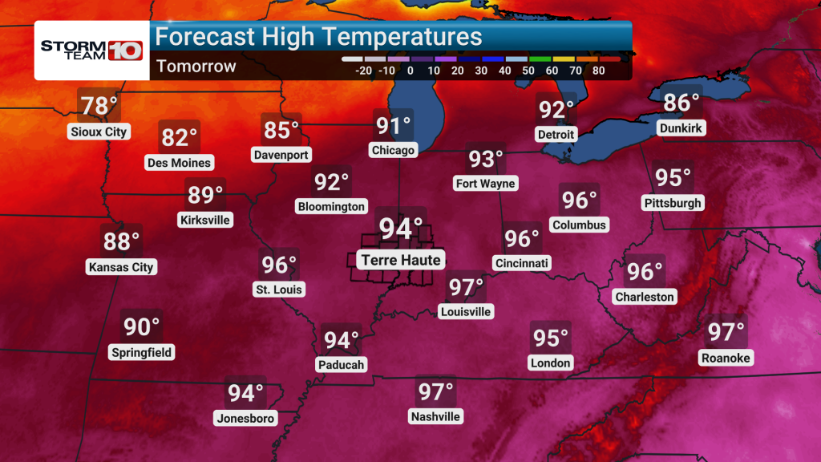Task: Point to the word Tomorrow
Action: pyautogui.click(x=196, y=67)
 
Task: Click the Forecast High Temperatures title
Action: pyautogui.click(x=318, y=37)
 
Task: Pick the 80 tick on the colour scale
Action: pyautogui.click(x=599, y=71)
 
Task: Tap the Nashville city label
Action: pyautogui.click(x=435, y=416)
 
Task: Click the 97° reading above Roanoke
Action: pyautogui.click(x=726, y=331)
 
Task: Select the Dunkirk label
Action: pyautogui.click(x=681, y=128)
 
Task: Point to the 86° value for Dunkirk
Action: pyautogui.click(x=681, y=103)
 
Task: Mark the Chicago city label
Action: pyautogui.click(x=393, y=150)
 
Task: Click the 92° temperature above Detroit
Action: pyautogui.click(x=556, y=109)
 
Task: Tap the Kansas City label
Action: pyautogui.click(x=121, y=267)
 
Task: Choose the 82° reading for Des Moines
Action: pyautogui.click(x=180, y=138)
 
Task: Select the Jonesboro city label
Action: pyautogui.click(x=245, y=418)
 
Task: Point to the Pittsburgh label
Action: pyautogui.click(x=673, y=203)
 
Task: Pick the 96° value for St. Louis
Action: pyautogui.click(x=279, y=264)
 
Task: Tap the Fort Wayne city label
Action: pyautogui.click(x=485, y=183)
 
